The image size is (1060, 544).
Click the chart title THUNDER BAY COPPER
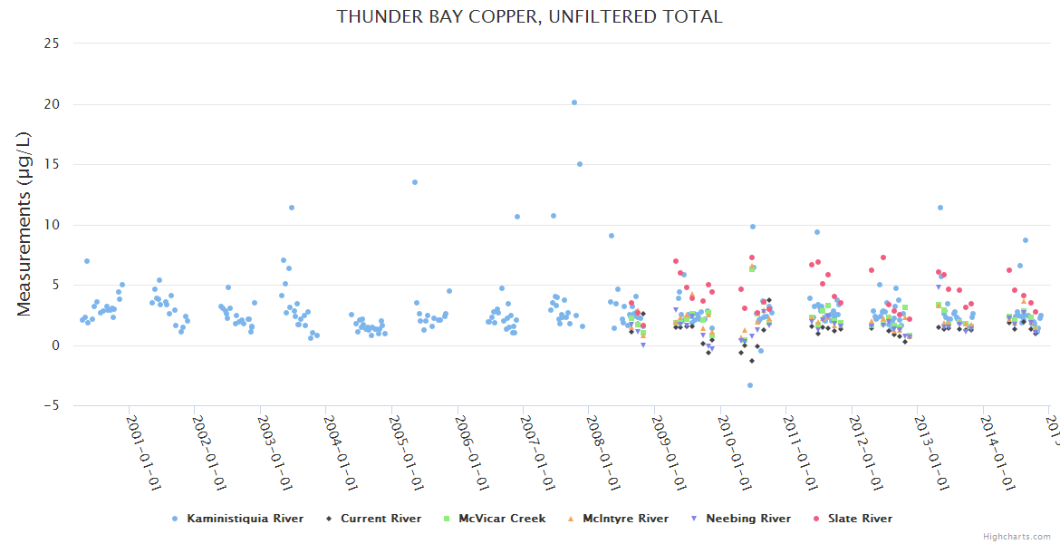tap(529, 16)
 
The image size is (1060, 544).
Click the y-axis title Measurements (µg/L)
tap(24, 224)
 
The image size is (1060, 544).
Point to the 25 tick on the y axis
tap(52, 44)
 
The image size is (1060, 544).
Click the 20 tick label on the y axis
tap(52, 104)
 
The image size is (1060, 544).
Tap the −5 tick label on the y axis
tap(50, 406)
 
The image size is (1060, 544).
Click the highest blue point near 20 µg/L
tap(574, 102)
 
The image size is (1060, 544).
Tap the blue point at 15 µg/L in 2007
tap(580, 164)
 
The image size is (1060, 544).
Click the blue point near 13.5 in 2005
tap(415, 182)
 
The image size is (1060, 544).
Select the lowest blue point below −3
tap(750, 385)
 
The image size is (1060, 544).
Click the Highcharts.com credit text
tap(1017, 537)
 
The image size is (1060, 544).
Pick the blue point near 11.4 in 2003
tap(292, 208)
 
